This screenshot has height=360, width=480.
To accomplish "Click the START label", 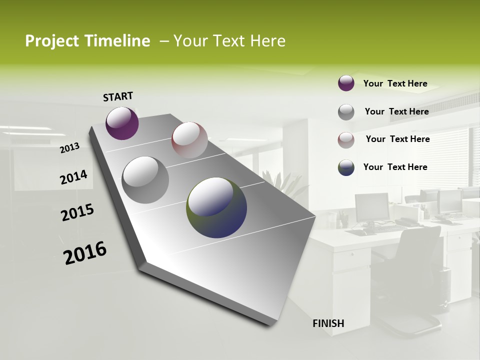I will point(118,96).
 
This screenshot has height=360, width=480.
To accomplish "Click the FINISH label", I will point(328,323).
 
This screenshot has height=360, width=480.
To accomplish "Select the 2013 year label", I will point(70,148).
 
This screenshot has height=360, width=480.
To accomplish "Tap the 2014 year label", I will point(73,177).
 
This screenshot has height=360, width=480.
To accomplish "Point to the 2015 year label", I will point(77,212).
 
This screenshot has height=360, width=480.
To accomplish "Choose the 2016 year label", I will point(85,253).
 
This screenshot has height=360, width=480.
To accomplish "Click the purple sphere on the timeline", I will point(122,123).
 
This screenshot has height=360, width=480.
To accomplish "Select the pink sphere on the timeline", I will point(189,140).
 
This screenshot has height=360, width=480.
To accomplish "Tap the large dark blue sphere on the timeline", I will point(216,207).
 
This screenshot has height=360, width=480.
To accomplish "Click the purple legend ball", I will point(346,83).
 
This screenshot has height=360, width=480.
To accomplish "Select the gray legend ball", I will point(346,112).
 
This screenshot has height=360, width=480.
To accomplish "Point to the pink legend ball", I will point(346,140).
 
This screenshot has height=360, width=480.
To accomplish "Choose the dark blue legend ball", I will point(346,167).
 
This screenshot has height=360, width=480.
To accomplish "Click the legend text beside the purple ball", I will point(395,83).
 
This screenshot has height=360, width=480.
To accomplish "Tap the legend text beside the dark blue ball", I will point(395,167).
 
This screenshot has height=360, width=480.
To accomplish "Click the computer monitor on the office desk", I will point(371,207).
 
